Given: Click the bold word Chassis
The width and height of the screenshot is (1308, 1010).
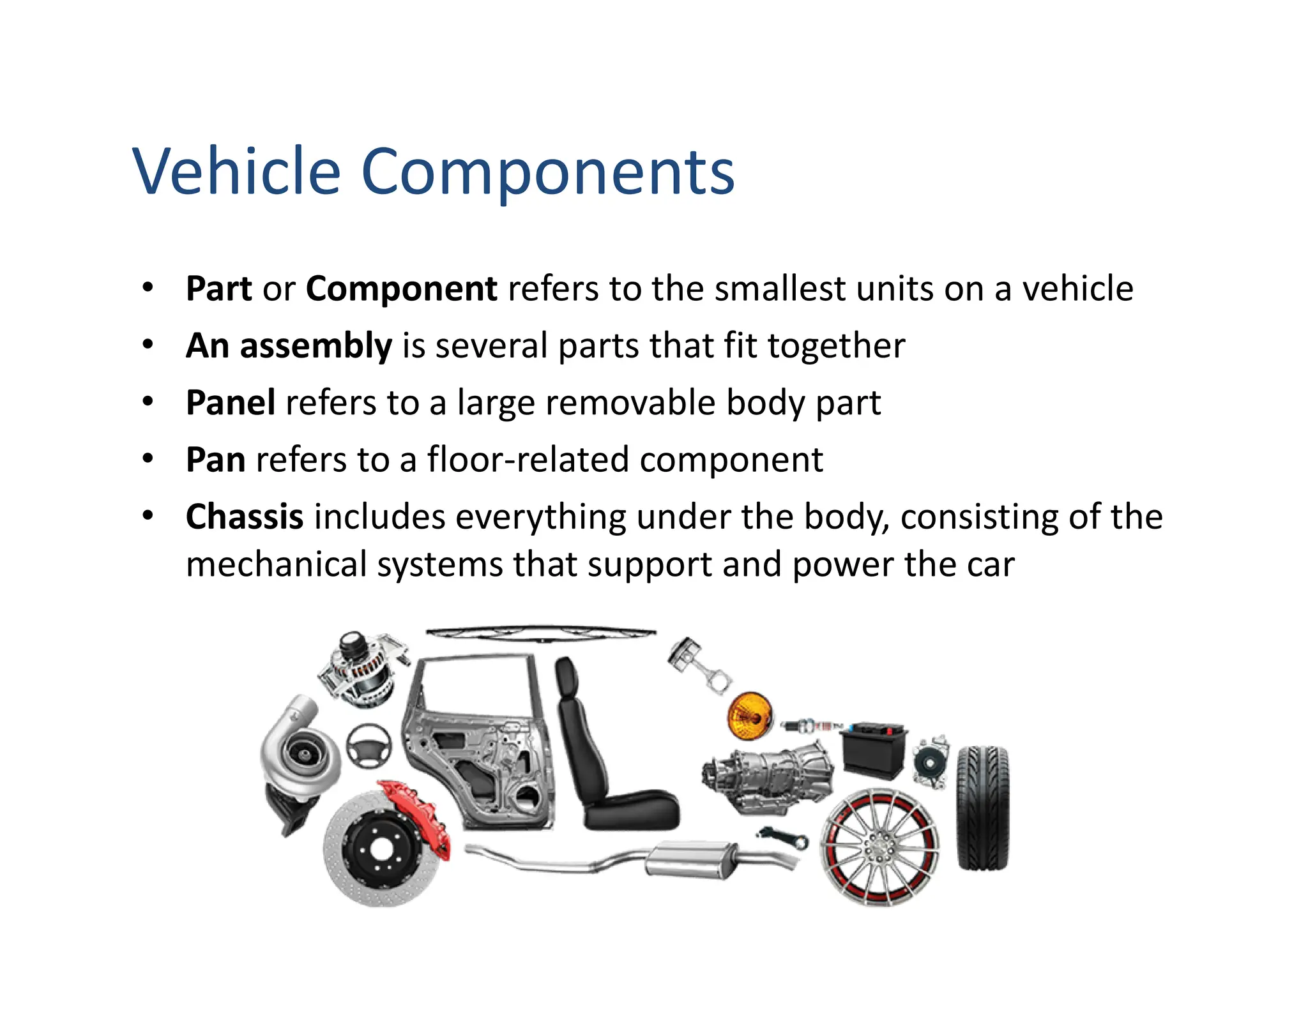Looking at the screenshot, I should point(244,516).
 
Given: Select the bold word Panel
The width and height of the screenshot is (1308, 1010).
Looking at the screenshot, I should point(231,403).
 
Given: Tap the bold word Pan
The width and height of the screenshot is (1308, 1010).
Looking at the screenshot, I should point(215,460).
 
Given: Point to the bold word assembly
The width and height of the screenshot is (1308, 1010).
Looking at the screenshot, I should point(316,346).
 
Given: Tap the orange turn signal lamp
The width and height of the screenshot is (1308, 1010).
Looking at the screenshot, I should point(750,716).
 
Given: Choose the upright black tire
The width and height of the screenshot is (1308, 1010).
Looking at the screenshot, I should point(982,808).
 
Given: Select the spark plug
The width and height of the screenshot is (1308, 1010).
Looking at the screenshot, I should point(809,726).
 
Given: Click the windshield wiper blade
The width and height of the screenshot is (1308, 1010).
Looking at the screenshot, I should point(540,632).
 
